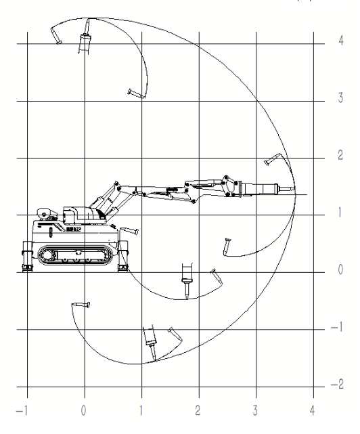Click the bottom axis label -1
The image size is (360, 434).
[22, 410]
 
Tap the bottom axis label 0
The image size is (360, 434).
[83, 410]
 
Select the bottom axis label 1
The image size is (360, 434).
[141, 410]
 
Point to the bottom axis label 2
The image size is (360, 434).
[198, 410]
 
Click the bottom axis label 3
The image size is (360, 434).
[255, 410]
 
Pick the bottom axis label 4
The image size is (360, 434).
[312, 410]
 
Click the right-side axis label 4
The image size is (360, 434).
[341, 41]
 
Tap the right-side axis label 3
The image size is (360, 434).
[340, 97]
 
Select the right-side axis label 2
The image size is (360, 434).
[340, 155]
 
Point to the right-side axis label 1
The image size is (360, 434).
[340, 213]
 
